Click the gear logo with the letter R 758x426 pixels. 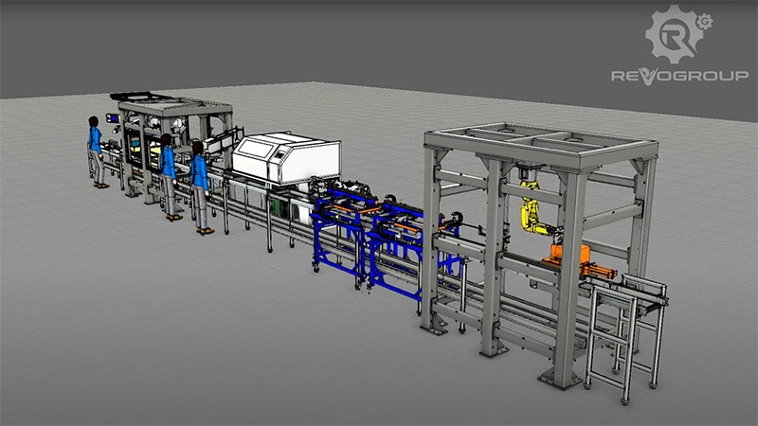pos(674,35)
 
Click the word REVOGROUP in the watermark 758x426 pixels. pos(679,76)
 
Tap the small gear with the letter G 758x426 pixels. pos(705,22)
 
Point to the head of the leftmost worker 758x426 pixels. pos(93,122)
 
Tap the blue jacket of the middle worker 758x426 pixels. pos(169,161)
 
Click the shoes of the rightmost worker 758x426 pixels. pos(207,232)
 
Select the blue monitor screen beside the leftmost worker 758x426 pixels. pos(113,117)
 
